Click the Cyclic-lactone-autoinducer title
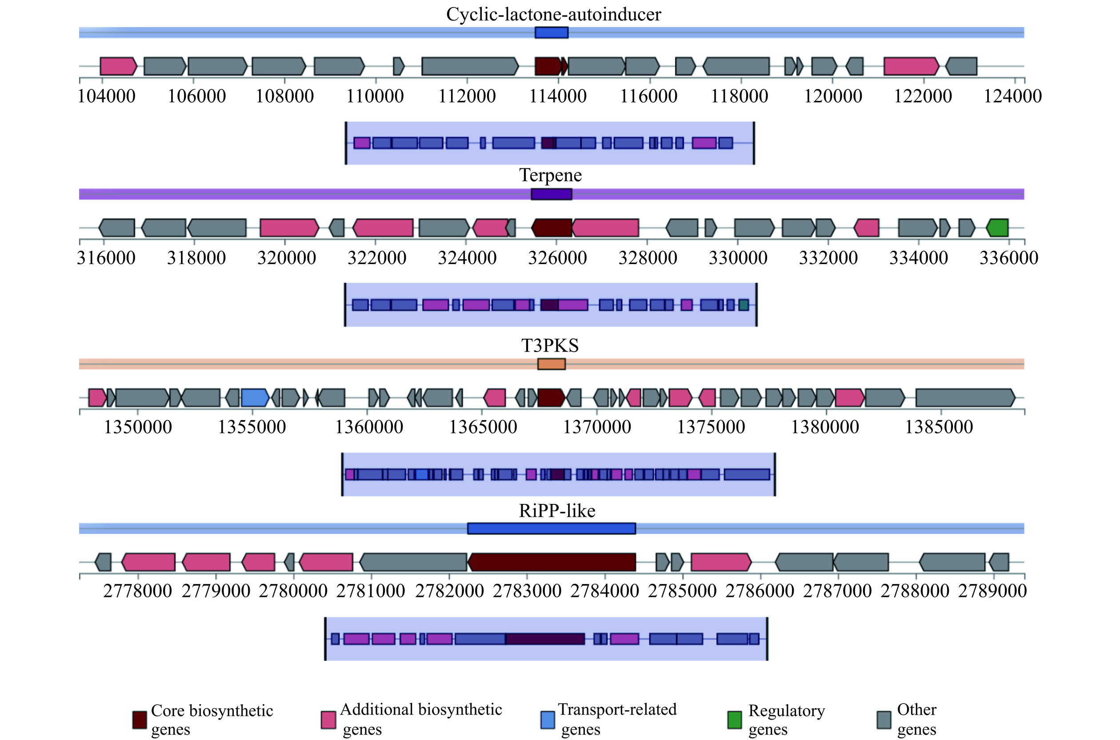[x=553, y=14]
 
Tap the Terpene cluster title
[x=550, y=175]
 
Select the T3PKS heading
[x=550, y=345]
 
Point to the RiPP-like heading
[x=557, y=511]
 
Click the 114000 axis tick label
[x=557, y=96]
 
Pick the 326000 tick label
[x=557, y=258]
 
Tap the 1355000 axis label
[x=252, y=427]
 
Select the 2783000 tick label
[x=527, y=591]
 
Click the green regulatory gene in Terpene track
[x=998, y=228]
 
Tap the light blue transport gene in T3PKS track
[x=254, y=397]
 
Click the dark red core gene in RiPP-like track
[x=551, y=562]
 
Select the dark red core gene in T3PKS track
[x=551, y=397]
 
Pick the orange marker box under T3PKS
[x=551, y=364]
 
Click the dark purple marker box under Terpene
[x=551, y=194]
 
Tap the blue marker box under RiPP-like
[x=551, y=528]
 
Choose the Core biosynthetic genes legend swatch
[x=139, y=720]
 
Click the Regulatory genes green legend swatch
[x=734, y=720]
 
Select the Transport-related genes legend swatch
[x=548, y=720]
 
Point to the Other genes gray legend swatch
[x=884, y=720]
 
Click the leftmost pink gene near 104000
[x=118, y=66]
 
